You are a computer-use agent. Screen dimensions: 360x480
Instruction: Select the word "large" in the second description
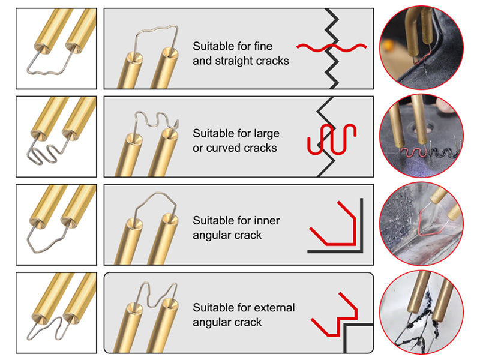[266, 133]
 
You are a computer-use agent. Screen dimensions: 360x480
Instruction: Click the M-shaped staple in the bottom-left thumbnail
[50, 327]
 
